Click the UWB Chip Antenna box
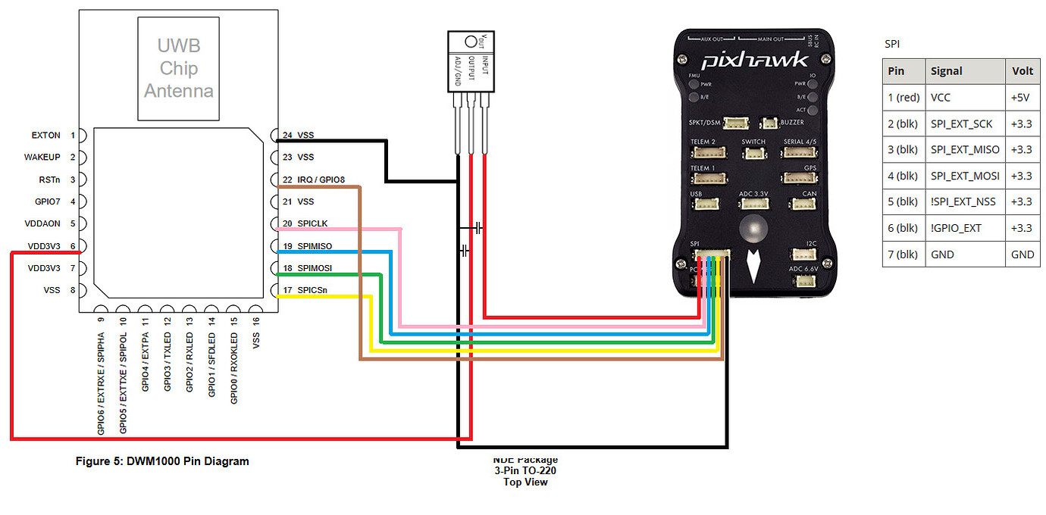coord(178,68)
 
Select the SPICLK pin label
coord(313,224)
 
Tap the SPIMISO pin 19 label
coord(315,246)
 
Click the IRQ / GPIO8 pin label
coord(321,180)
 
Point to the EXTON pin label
coord(45,136)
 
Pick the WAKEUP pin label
coord(42,158)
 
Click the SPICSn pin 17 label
coord(312,291)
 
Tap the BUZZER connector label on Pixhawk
coord(791,122)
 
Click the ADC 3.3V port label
coord(753,194)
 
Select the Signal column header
coord(946,71)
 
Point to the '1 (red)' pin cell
coord(904,97)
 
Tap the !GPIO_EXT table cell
coord(955,228)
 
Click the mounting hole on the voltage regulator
coord(470,41)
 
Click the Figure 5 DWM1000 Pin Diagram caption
coord(162,460)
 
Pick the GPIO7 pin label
coord(46,201)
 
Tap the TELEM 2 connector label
coord(703,142)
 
